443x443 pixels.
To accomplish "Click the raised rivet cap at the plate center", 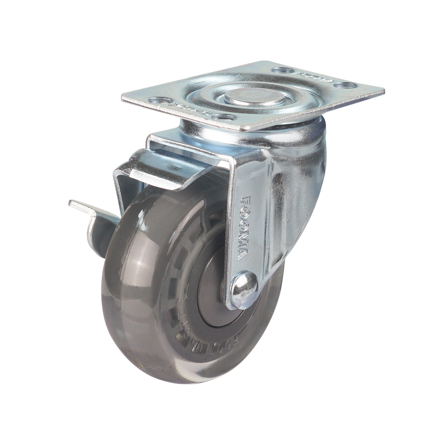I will pyautogui.click(x=254, y=96).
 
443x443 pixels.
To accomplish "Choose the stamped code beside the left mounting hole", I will pyautogui.click(x=187, y=108).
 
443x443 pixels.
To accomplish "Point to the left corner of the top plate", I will pyautogui.click(x=123, y=97).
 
